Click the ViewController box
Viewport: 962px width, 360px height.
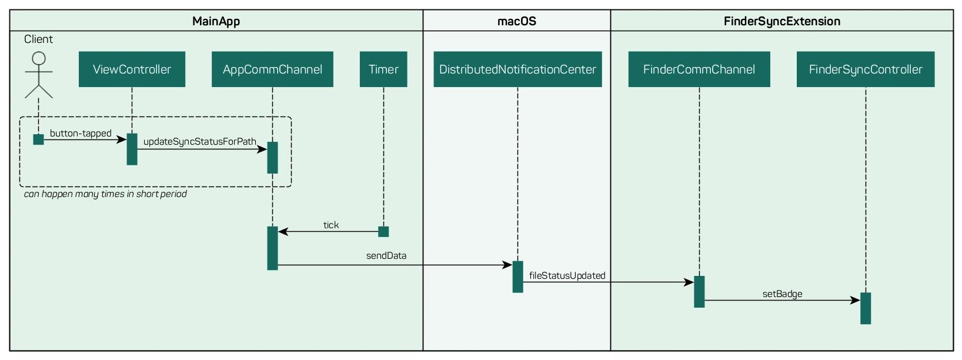(x=132, y=69)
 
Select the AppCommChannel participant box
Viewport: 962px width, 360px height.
(x=272, y=69)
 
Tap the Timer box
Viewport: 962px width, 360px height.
(x=383, y=69)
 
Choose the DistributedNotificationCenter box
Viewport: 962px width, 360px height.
(x=517, y=69)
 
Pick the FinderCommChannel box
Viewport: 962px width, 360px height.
(x=699, y=69)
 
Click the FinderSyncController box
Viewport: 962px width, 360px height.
(x=866, y=69)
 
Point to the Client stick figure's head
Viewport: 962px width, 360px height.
(x=39, y=58)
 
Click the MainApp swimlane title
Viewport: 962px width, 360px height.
(x=216, y=21)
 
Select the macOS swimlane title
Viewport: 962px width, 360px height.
(x=517, y=21)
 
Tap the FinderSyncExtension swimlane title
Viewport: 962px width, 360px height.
(x=782, y=21)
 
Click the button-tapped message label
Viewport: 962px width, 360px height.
(x=81, y=133)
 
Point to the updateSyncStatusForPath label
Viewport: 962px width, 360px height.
(x=200, y=142)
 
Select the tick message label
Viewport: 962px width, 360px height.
(x=331, y=225)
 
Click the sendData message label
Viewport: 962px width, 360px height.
(x=386, y=256)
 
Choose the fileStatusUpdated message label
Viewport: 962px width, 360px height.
(x=567, y=275)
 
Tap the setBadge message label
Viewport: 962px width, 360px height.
(x=783, y=294)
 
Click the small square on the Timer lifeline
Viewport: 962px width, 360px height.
(x=383, y=232)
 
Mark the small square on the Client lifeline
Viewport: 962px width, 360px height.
(x=39, y=139)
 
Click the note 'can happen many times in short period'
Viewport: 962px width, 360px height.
(x=105, y=194)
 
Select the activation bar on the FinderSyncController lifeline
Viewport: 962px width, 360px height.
(x=866, y=308)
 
